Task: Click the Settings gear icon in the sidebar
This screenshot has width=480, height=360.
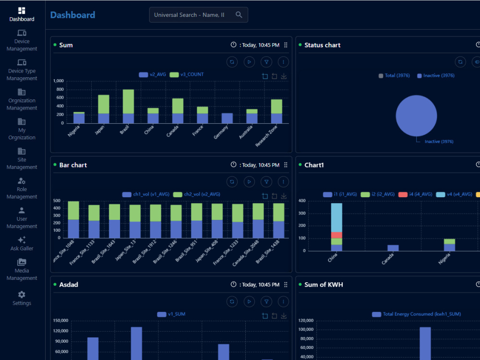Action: tap(22, 295)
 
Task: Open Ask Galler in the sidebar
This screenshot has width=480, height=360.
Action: tap(22, 244)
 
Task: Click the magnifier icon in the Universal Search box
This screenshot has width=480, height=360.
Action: tap(239, 15)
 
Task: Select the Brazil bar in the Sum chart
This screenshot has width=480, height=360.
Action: tap(128, 106)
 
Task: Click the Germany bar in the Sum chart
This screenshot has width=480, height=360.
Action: tap(227, 118)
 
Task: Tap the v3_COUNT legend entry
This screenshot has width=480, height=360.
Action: tap(187, 74)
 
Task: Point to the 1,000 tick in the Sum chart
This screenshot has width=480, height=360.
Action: tap(59, 81)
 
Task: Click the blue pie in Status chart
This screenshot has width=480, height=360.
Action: tap(416, 116)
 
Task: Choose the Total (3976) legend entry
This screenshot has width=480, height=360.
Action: tap(394, 76)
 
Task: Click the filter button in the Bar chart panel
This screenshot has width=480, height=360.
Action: tap(266, 182)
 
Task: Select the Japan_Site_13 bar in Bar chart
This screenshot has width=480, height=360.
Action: tap(135, 221)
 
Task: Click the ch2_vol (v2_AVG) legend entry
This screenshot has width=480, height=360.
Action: tap(196, 194)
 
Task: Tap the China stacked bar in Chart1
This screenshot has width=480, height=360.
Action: tap(336, 227)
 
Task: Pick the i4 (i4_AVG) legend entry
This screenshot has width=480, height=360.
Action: tap(415, 194)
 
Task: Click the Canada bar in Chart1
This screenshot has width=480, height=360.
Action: tap(393, 248)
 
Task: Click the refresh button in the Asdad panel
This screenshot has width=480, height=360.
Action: tap(232, 301)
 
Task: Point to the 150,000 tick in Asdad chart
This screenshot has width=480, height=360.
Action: tap(60, 321)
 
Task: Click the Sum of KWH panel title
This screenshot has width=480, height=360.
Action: tap(324, 285)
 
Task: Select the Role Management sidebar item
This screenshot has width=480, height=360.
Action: tap(22, 189)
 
